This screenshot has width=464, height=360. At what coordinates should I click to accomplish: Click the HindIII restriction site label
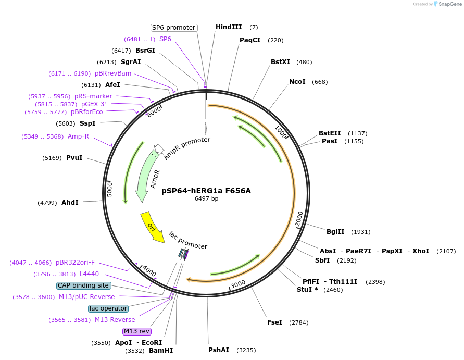pos(229,27)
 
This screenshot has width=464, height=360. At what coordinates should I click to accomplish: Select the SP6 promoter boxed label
pos(173,28)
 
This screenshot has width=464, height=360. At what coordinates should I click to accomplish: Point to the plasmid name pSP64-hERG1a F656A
pos(206,191)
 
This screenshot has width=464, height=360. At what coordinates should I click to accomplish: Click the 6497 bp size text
pos(206,198)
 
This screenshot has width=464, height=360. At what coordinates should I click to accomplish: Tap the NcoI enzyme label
pos(298,82)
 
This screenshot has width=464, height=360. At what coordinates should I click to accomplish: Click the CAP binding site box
pos(83,285)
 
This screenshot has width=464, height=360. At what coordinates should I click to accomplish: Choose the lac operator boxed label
pos(108,308)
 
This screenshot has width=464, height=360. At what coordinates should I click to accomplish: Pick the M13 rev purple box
pos(137,331)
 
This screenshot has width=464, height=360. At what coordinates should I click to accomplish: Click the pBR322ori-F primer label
pos(76,263)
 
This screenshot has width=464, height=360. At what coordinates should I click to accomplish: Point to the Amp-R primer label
pos(78,136)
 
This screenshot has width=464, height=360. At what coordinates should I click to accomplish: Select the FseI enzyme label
pos(274,322)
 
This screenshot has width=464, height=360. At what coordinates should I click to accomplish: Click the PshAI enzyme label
pos(219,350)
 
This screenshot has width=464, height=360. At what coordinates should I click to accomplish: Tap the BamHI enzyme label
pos(161,351)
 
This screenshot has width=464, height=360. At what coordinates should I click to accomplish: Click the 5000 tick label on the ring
pos(109,189)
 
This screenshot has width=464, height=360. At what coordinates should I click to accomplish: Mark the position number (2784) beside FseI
pos(298,322)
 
